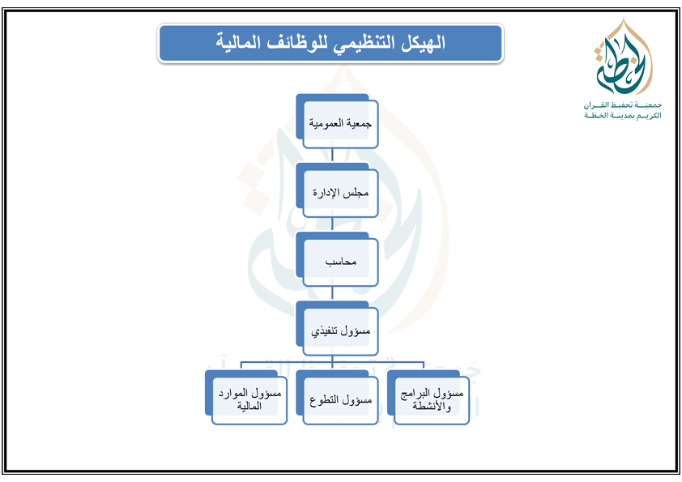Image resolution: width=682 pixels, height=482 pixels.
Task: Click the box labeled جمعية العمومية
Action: [x=337, y=122]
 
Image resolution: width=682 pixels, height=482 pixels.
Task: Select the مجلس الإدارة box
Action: [x=337, y=190]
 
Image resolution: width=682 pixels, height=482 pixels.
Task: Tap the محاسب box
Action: [x=337, y=260]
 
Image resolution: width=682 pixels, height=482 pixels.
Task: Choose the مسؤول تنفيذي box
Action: [x=337, y=329]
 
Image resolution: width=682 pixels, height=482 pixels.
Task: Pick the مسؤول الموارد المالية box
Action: [x=246, y=398]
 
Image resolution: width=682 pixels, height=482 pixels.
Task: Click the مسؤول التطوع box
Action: [x=337, y=398]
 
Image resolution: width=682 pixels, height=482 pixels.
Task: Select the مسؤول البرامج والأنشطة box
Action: [x=428, y=398]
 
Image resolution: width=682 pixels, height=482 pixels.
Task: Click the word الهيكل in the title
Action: [x=422, y=43]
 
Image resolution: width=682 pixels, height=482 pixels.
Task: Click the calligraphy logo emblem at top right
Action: [x=623, y=58]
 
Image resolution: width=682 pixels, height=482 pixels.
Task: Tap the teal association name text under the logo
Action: [x=622, y=109]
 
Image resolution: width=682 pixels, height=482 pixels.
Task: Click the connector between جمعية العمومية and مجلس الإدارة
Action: [x=332, y=155]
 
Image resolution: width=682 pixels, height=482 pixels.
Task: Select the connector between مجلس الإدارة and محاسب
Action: [x=332, y=224]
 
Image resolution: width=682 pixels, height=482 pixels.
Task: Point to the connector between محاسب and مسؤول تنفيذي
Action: [x=332, y=293]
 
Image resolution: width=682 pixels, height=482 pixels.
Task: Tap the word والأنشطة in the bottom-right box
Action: [x=432, y=407]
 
